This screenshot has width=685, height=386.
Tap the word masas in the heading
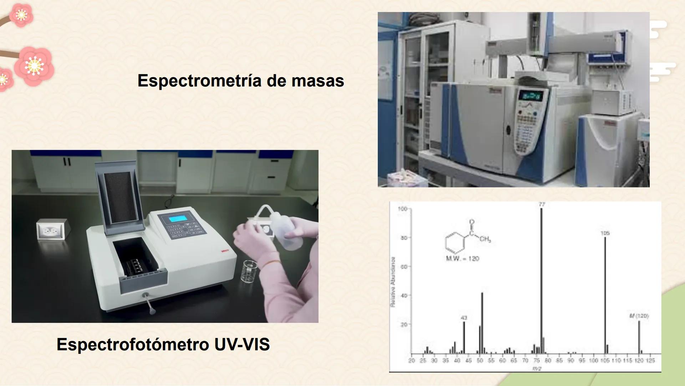point(318,81)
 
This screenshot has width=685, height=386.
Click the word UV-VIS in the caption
point(242,345)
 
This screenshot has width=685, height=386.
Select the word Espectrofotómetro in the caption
point(133,345)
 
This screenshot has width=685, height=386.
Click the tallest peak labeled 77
point(541,279)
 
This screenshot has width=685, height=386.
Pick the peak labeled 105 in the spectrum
point(605,293)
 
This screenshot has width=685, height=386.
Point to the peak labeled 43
point(464,336)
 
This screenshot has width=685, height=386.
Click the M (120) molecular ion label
point(639,316)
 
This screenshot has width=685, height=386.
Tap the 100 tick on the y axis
point(402,209)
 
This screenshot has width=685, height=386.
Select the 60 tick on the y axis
point(404,267)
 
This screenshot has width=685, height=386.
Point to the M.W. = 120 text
point(462,258)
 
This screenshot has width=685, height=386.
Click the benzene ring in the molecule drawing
point(455,242)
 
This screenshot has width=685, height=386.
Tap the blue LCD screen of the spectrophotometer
point(178,218)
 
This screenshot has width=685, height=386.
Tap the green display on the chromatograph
point(531,96)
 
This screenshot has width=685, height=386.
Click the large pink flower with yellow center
point(35,66)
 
